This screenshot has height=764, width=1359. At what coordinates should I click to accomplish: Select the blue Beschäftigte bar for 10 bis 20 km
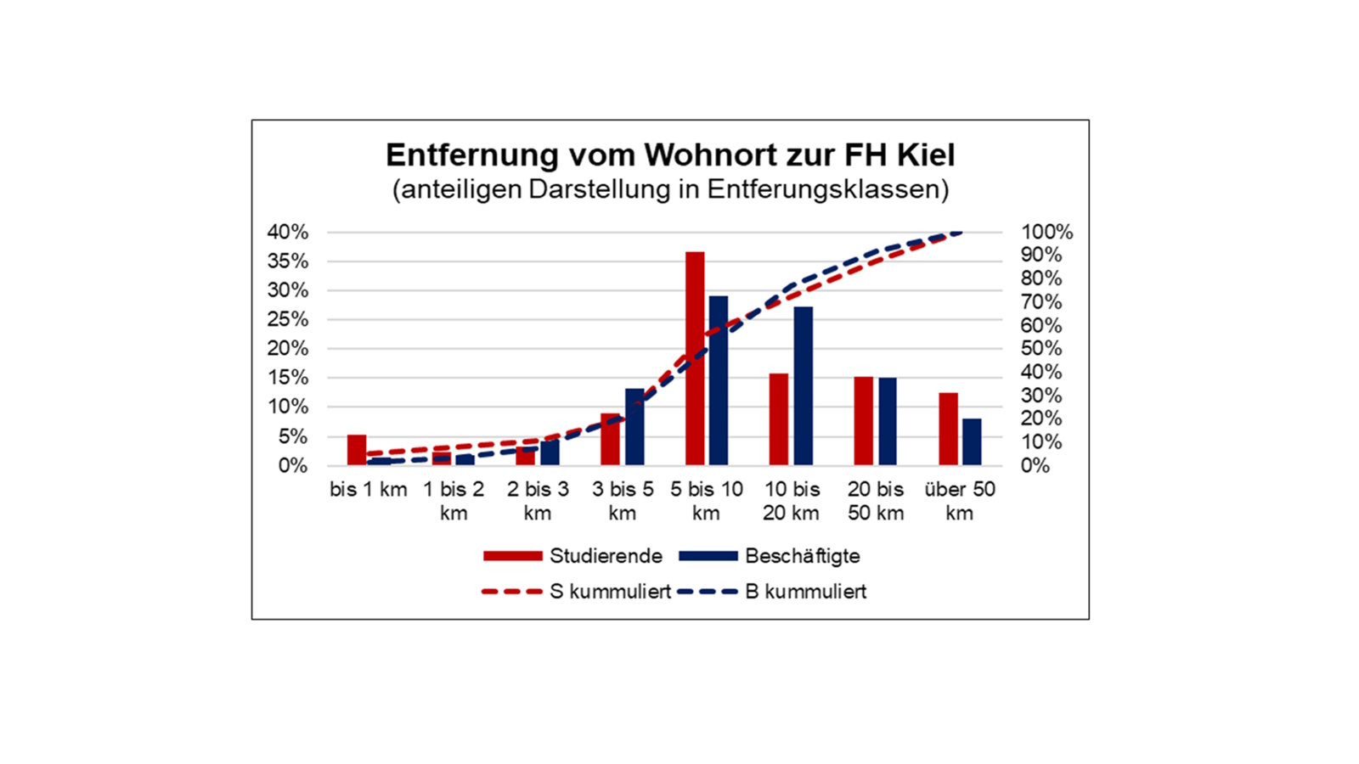(x=803, y=386)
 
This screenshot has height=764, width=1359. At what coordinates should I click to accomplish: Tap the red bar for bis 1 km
(x=357, y=450)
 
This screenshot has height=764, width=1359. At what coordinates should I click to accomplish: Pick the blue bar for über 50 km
(x=972, y=442)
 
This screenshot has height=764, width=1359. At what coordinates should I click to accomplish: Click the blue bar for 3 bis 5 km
(x=634, y=427)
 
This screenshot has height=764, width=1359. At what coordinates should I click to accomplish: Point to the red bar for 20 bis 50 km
(x=864, y=421)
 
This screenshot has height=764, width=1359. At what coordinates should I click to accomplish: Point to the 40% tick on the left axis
(x=288, y=232)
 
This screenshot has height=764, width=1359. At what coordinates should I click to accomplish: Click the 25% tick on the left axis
(x=288, y=319)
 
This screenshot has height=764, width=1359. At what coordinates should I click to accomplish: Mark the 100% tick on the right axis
(x=1046, y=232)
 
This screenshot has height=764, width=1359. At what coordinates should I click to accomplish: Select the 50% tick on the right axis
(x=1041, y=348)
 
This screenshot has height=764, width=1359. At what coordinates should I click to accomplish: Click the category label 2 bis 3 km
(x=538, y=501)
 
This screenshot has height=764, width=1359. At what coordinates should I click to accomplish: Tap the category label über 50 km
(x=960, y=501)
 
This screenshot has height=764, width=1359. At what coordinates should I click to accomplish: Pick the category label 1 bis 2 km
(x=454, y=501)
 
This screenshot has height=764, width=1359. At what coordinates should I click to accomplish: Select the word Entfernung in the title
(x=471, y=155)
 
